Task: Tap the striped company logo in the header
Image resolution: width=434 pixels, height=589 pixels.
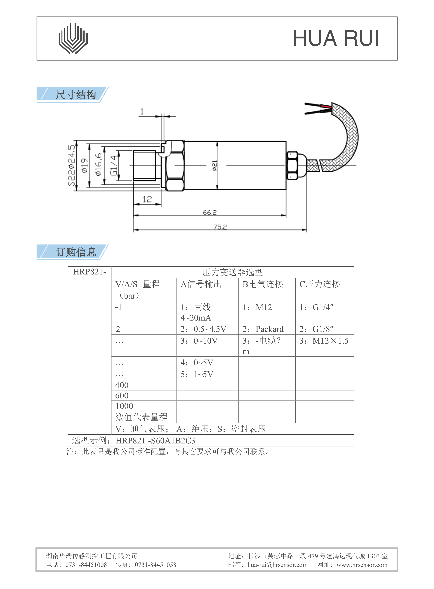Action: point(73,39)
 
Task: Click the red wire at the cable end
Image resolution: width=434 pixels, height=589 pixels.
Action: point(327,106)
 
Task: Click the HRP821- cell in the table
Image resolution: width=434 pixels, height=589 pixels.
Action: point(90,272)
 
